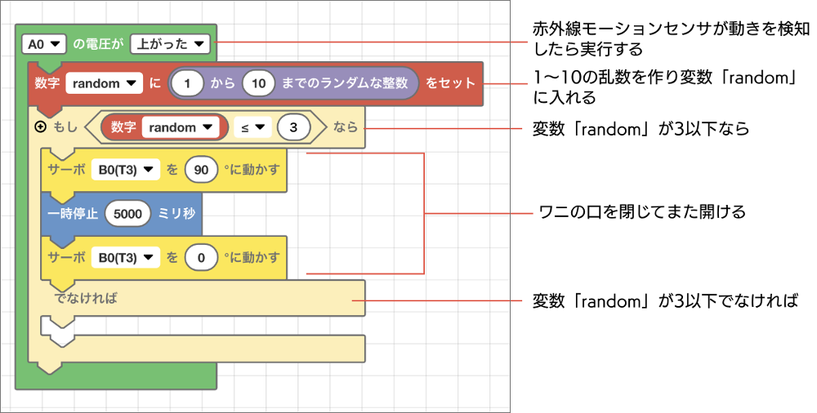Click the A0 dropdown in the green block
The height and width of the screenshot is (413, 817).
pyautogui.click(x=44, y=44)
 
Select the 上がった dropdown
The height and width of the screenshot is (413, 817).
pyautogui.click(x=170, y=44)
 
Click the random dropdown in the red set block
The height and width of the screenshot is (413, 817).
pyautogui.click(x=105, y=83)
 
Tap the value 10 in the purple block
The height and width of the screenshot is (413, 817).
pyautogui.click(x=258, y=83)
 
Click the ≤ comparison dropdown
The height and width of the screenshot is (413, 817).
pyautogui.click(x=250, y=127)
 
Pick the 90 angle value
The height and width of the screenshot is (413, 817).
pyautogui.click(x=201, y=169)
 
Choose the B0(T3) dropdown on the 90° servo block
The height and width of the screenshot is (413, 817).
pyautogui.click(x=125, y=169)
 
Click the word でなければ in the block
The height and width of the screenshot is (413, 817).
pyautogui.click(x=86, y=299)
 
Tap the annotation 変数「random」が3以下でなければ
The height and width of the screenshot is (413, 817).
pyautogui.click(x=664, y=300)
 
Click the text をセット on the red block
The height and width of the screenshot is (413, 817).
pyautogui.click(x=449, y=83)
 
